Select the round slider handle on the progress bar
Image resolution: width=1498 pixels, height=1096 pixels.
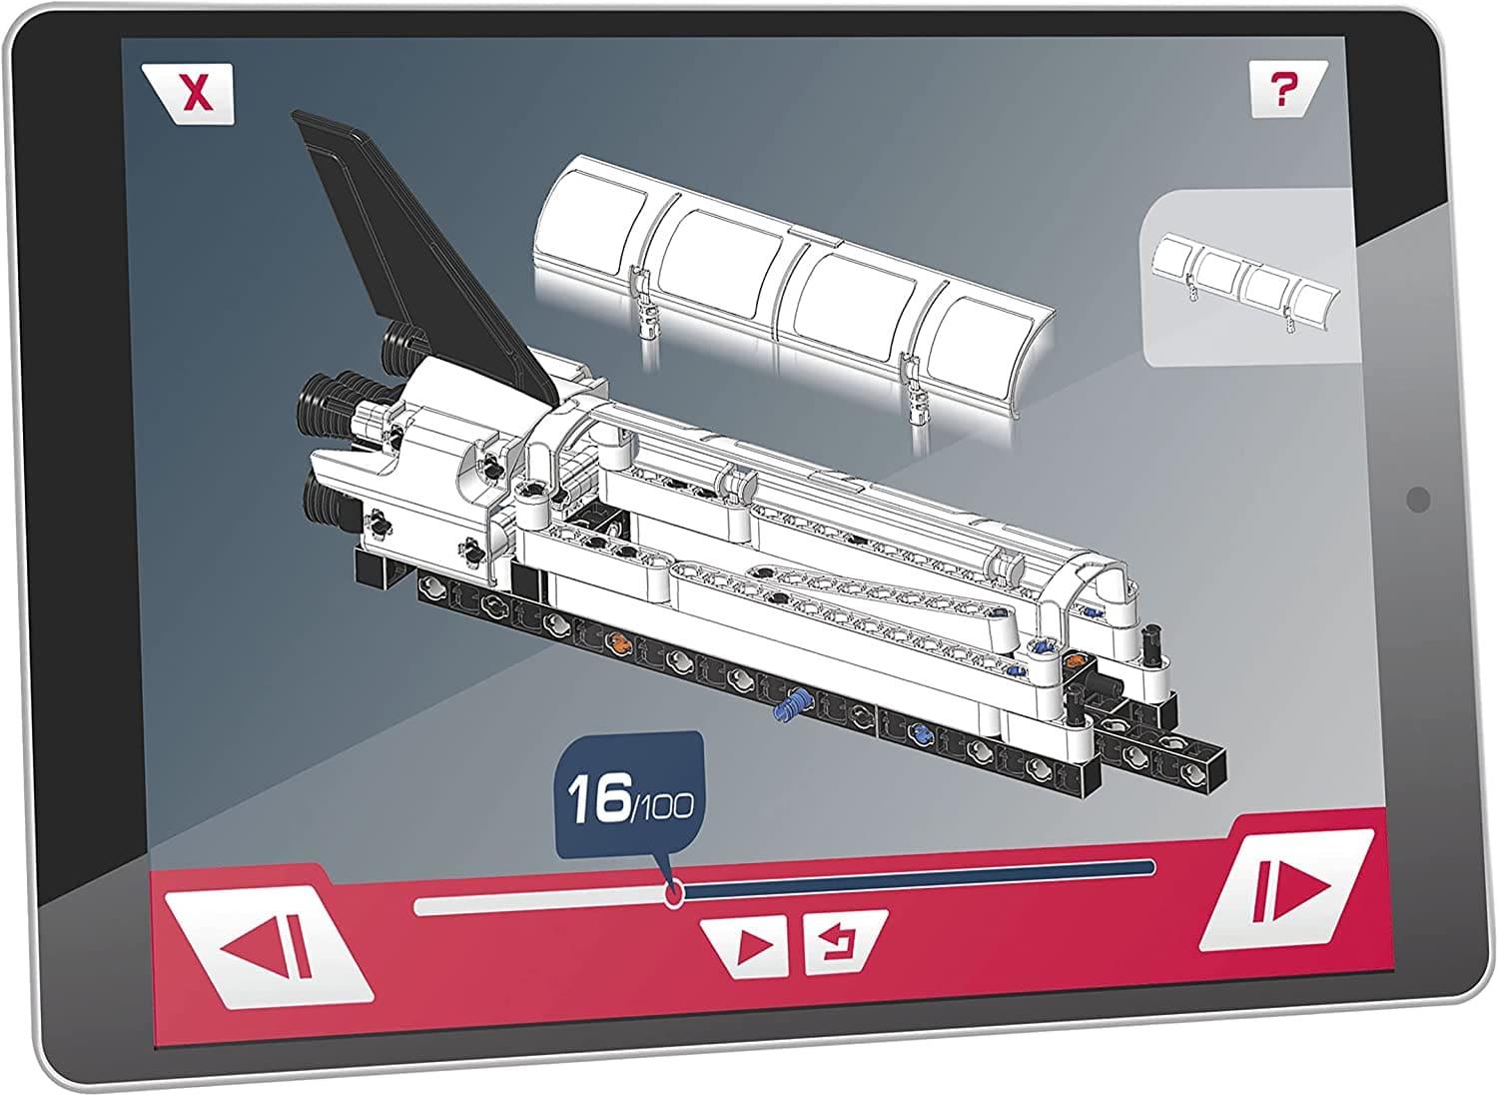click(x=674, y=893)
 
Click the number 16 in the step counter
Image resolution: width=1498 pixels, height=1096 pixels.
click(x=597, y=799)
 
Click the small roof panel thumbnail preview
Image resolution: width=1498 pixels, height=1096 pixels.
click(x=1249, y=279)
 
